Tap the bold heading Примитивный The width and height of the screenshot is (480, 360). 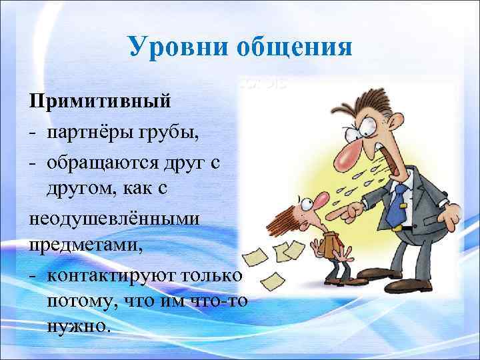pyautogui.click(x=99, y=102)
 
